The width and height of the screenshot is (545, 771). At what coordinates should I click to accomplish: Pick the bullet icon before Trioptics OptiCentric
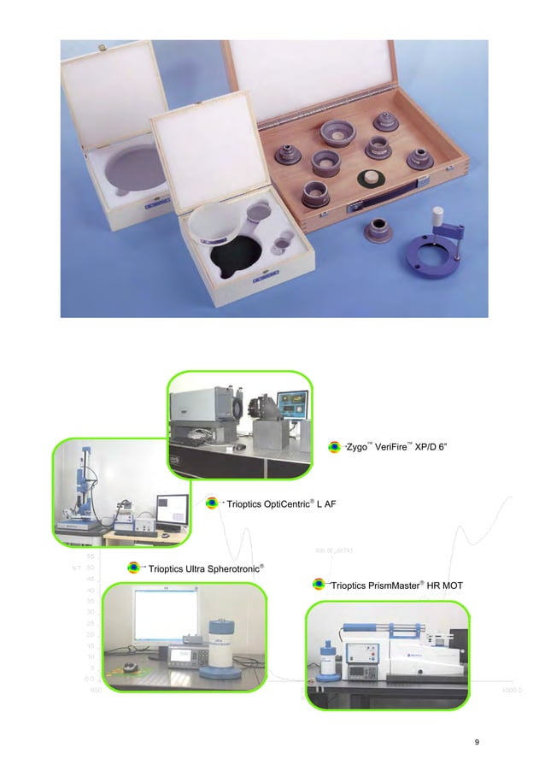pos(213,503)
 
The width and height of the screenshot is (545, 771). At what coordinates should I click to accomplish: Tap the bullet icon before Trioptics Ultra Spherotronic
pos(134,568)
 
